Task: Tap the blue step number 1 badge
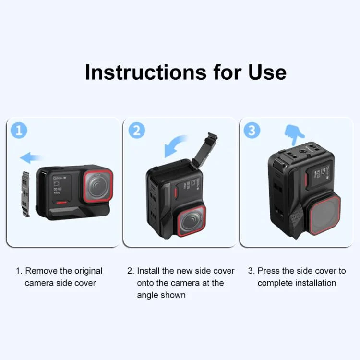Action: click(19, 131)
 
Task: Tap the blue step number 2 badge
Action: click(136, 131)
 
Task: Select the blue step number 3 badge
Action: click(252, 131)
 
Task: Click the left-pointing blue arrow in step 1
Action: click(31, 157)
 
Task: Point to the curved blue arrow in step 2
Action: click(175, 146)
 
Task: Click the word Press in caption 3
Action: click(269, 271)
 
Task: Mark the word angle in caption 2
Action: click(147, 295)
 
